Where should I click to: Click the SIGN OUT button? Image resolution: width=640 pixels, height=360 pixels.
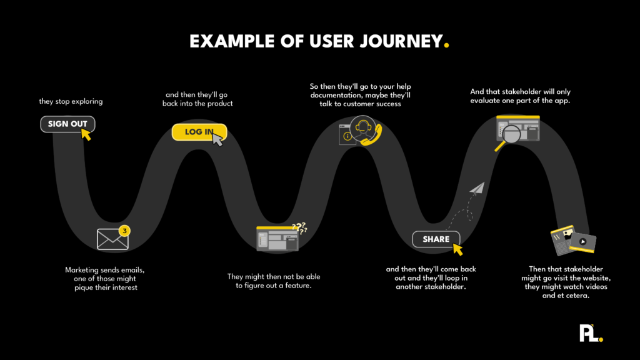(x=67, y=124)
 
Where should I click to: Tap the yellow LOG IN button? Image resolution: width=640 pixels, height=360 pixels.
(x=197, y=132)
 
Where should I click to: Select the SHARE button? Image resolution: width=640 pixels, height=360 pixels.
(x=436, y=239)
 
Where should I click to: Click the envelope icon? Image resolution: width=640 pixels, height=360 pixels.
(x=112, y=239)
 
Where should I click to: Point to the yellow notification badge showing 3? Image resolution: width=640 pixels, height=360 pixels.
(x=125, y=231)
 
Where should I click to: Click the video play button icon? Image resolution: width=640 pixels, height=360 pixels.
(x=582, y=241)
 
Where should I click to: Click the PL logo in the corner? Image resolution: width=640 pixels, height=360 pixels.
(x=590, y=331)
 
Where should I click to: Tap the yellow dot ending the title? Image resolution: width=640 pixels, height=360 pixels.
(x=446, y=46)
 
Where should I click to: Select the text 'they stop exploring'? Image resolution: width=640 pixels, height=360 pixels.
(x=71, y=101)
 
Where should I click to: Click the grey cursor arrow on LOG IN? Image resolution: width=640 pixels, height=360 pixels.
(x=217, y=139)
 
